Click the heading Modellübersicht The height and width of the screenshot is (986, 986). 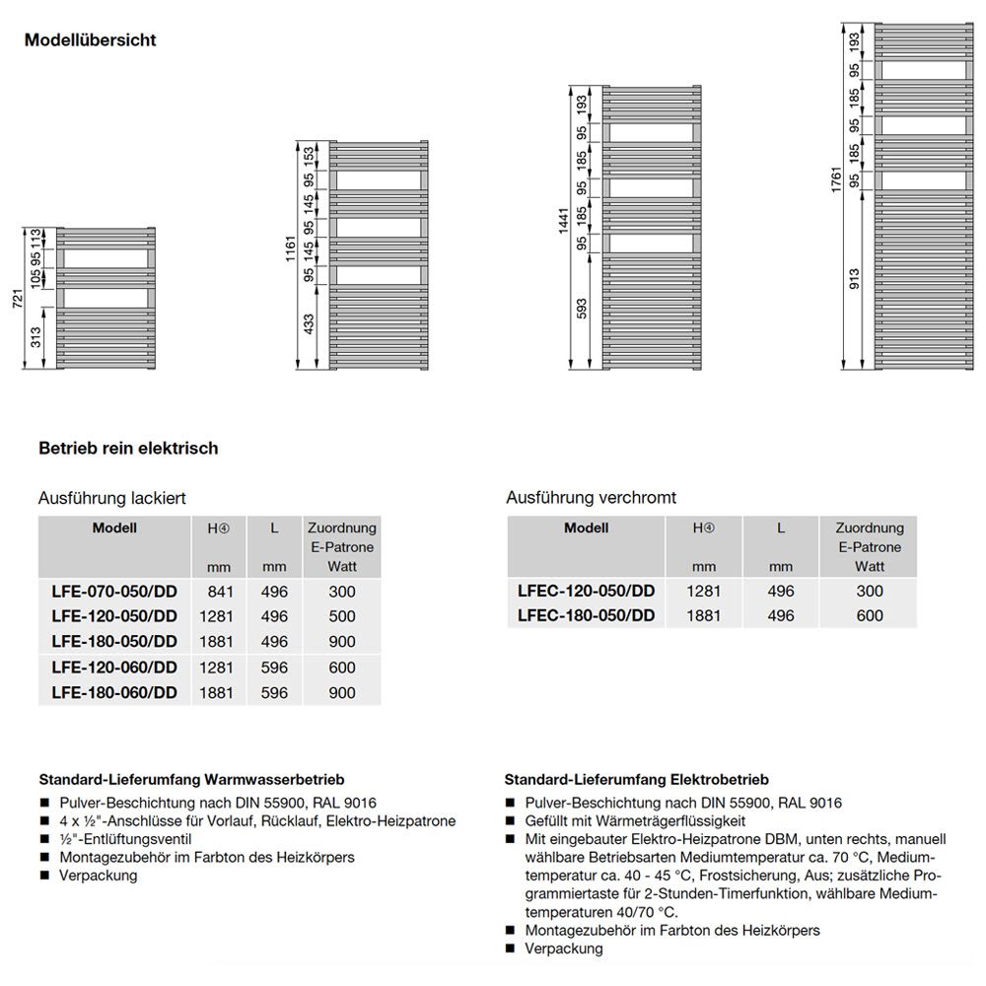pos(91,40)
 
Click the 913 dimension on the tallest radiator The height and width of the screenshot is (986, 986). pos(854,282)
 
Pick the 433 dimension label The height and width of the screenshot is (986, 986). pos(309,325)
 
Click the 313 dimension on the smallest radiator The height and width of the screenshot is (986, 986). pos(36,338)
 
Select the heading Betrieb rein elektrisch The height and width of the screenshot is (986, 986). pos(128,449)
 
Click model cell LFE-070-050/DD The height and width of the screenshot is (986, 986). pos(114,592)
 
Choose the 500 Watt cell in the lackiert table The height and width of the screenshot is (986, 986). pos(342,617)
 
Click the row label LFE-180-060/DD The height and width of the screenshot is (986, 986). pos(114,693)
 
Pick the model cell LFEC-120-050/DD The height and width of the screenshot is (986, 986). pos(586,592)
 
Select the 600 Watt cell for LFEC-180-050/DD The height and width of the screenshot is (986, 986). pos(869,616)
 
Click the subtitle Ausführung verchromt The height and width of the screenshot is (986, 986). pos(591,498)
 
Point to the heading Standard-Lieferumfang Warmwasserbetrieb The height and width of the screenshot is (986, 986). pos(191,780)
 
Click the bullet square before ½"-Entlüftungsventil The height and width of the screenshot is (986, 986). pos(44,839)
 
